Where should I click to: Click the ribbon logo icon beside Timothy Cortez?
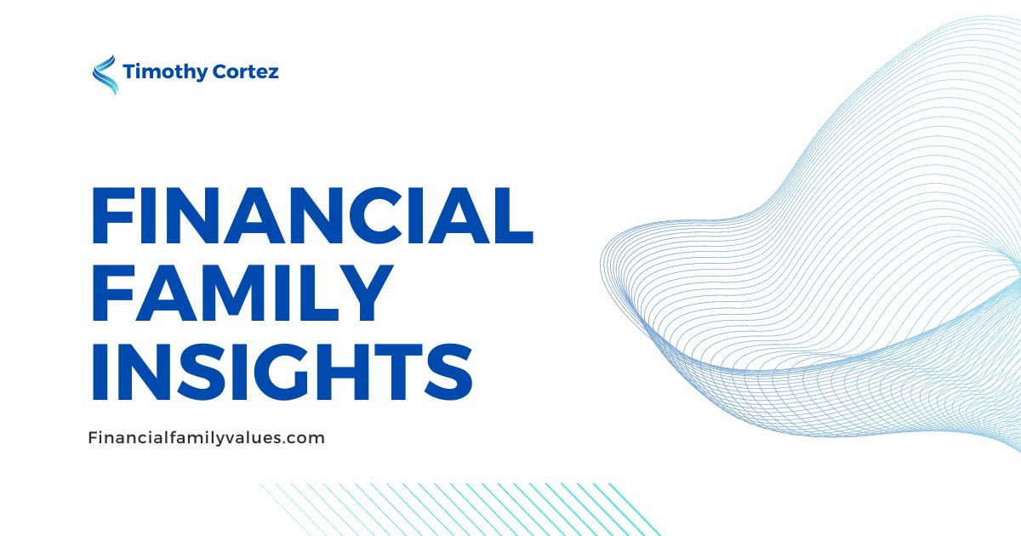pos(105,75)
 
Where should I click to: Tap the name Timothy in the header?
pos(164,72)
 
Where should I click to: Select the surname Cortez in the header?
pos(245,71)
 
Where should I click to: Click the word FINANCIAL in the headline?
pos(312,215)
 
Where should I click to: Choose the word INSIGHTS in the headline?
pos(282,373)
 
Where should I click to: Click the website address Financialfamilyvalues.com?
pos(206,438)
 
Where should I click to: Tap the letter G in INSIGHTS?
pos(284,373)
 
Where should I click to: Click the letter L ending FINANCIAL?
pos(512,215)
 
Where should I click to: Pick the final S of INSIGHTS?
pos(448,373)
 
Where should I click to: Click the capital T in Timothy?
pos(131,71)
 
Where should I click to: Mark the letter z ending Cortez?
pos(272,74)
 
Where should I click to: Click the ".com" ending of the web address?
pos(304,440)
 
